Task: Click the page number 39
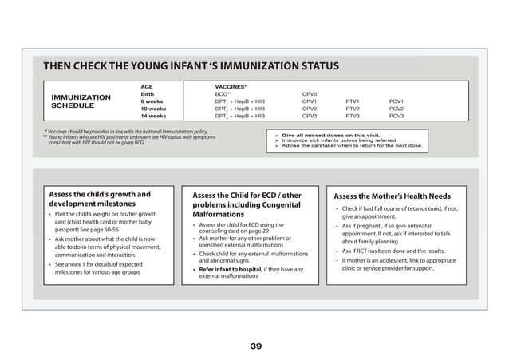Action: [x=255, y=346]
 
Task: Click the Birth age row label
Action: [x=148, y=93]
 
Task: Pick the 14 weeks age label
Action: [x=153, y=116]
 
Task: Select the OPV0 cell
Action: [x=310, y=93]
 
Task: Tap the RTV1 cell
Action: [x=353, y=101]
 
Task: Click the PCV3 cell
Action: [x=397, y=116]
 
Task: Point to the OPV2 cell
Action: [x=310, y=109]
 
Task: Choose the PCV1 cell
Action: [x=397, y=101]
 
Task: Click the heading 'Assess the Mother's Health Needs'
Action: [x=392, y=196]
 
